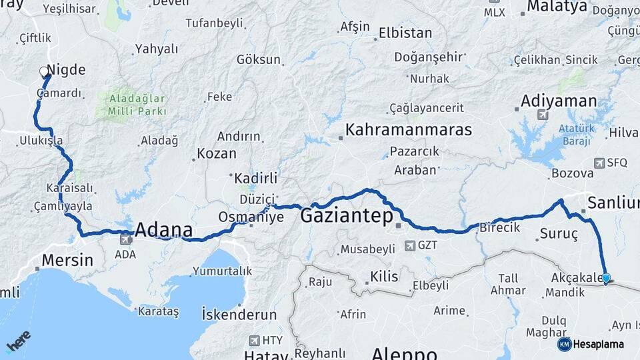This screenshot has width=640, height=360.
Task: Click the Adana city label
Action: pyautogui.click(x=163, y=231)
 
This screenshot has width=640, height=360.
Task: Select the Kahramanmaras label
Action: pyautogui.click(x=408, y=129)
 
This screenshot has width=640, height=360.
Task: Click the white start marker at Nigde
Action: pyautogui.click(x=45, y=71)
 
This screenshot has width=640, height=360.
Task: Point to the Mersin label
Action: pyautogui.click(x=67, y=260)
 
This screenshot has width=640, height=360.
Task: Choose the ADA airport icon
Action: pyautogui.click(x=125, y=239)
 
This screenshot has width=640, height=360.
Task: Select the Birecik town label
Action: pyautogui.click(x=500, y=227)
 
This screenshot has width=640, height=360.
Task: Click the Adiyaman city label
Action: pyautogui.click(x=559, y=101)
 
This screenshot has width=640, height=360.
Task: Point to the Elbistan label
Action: pyautogui.click(x=405, y=33)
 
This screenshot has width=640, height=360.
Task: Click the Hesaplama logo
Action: pyautogui.click(x=591, y=344)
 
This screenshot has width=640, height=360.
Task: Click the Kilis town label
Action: pyautogui.click(x=383, y=276)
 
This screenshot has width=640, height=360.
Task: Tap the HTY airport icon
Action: pyautogui.click(x=254, y=340)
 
